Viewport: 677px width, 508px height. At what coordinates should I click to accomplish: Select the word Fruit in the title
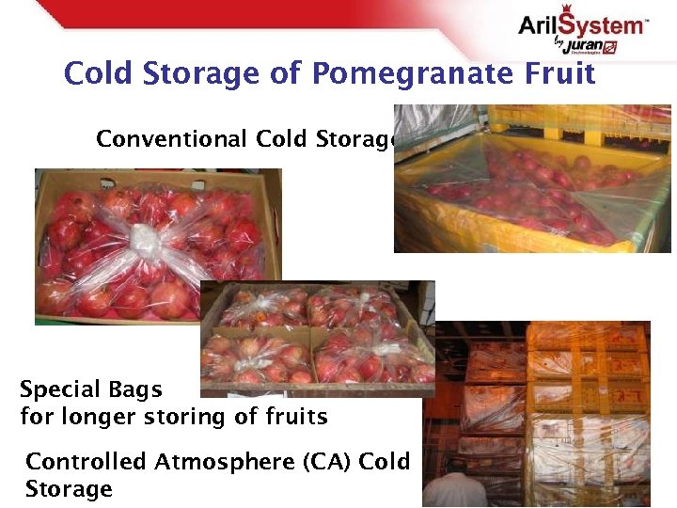coord(560,73)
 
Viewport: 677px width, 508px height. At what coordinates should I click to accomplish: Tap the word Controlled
coord(86,462)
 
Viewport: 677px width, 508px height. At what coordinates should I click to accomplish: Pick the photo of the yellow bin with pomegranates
coord(531,179)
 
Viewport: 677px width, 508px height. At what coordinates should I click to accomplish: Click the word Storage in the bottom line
coord(69,489)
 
